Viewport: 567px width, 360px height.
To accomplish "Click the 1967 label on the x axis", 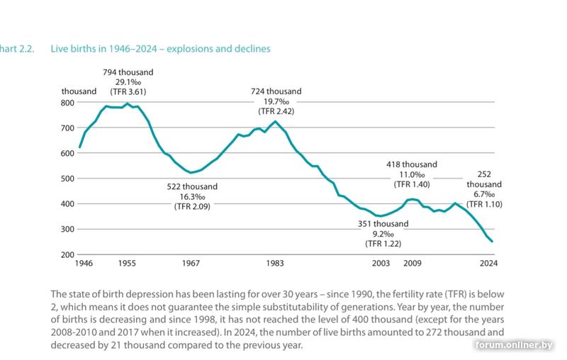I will pyautogui.click(x=191, y=264).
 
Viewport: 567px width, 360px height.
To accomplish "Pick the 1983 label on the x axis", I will pyautogui.click(x=276, y=264).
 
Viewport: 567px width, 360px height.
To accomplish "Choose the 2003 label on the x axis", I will pyautogui.click(x=382, y=264).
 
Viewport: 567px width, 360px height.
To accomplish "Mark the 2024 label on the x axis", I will pyautogui.click(x=489, y=264).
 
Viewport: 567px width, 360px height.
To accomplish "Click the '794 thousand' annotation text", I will pyautogui.click(x=128, y=72).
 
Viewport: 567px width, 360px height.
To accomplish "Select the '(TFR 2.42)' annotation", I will pyautogui.click(x=276, y=111).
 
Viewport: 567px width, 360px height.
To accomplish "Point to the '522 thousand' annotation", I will pyautogui.click(x=192, y=186).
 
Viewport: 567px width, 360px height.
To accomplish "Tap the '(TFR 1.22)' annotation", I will pyautogui.click(x=383, y=244).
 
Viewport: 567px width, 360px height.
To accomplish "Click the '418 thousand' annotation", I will pyautogui.click(x=411, y=164).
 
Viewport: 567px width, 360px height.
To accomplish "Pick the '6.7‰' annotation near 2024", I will pyautogui.click(x=485, y=194).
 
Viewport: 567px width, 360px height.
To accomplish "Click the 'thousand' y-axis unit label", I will pyautogui.click(x=79, y=92).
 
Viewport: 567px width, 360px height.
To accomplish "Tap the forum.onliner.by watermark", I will pyautogui.click(x=514, y=345).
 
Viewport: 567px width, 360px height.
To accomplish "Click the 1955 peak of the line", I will pyautogui.click(x=128, y=104).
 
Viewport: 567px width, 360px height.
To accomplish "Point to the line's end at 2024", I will pyautogui.click(x=492, y=242).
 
